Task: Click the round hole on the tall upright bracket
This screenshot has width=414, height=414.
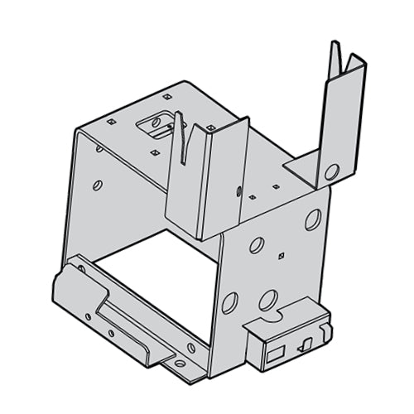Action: pyautogui.click(x=331, y=172)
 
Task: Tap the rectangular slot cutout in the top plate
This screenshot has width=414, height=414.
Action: pyautogui.click(x=155, y=125)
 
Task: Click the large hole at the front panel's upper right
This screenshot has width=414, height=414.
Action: pyautogui.click(x=313, y=219)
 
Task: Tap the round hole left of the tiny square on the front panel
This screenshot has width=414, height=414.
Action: pyautogui.click(x=257, y=244)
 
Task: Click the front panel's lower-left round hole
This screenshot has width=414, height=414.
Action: pyautogui.click(x=229, y=299)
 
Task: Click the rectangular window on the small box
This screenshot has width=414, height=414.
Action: pyautogui.click(x=272, y=354)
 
